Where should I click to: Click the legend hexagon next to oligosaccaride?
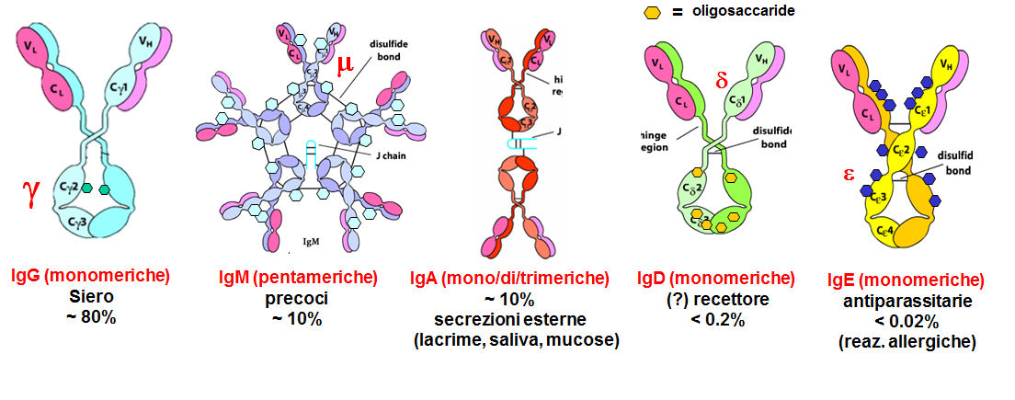pyautogui.click(x=652, y=12)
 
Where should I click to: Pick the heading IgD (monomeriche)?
pyautogui.click(x=716, y=278)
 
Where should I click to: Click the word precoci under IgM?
pyautogui.click(x=297, y=298)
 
